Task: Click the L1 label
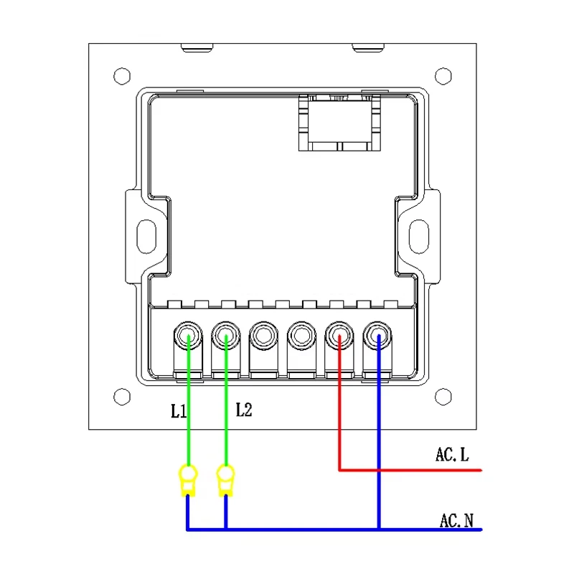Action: click(178, 410)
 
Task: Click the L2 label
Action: click(244, 410)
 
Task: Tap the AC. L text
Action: click(452, 454)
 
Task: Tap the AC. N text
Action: click(456, 520)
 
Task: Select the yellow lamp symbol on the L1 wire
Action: click(188, 480)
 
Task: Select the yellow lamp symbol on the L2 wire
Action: click(226, 480)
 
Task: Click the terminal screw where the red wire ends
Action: click(339, 335)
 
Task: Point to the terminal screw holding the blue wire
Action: click(377, 335)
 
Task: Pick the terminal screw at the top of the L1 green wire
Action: click(188, 335)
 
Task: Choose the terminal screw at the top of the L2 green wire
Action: click(226, 335)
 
